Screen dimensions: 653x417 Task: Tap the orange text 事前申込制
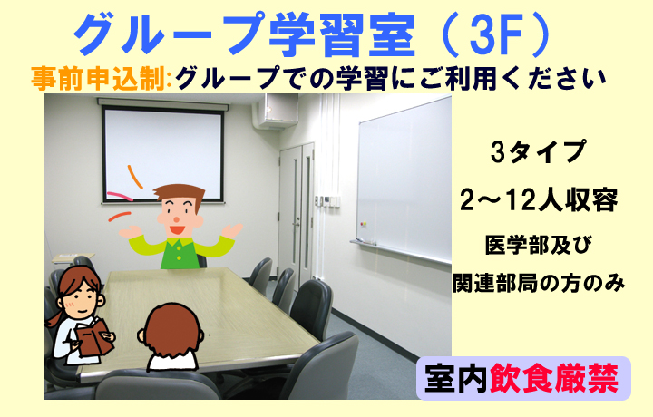[x=99, y=78]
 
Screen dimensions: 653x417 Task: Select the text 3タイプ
[x=538, y=151]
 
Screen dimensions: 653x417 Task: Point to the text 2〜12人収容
[x=539, y=200]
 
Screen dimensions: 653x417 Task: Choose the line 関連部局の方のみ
[x=539, y=283]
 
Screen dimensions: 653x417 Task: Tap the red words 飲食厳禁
[x=554, y=378]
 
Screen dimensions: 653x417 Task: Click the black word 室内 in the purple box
[x=456, y=378]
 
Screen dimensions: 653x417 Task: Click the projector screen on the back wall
[x=163, y=153]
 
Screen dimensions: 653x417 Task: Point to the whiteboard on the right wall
[x=404, y=179]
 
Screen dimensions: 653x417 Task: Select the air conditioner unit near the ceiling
[x=276, y=111]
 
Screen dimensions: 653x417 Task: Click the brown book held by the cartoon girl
[x=94, y=337]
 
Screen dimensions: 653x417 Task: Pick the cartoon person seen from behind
[x=171, y=337]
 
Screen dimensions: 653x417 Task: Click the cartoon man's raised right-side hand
[x=231, y=231]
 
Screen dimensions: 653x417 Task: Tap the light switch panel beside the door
[x=327, y=201]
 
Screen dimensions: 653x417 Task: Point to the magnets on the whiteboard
[x=363, y=224]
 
